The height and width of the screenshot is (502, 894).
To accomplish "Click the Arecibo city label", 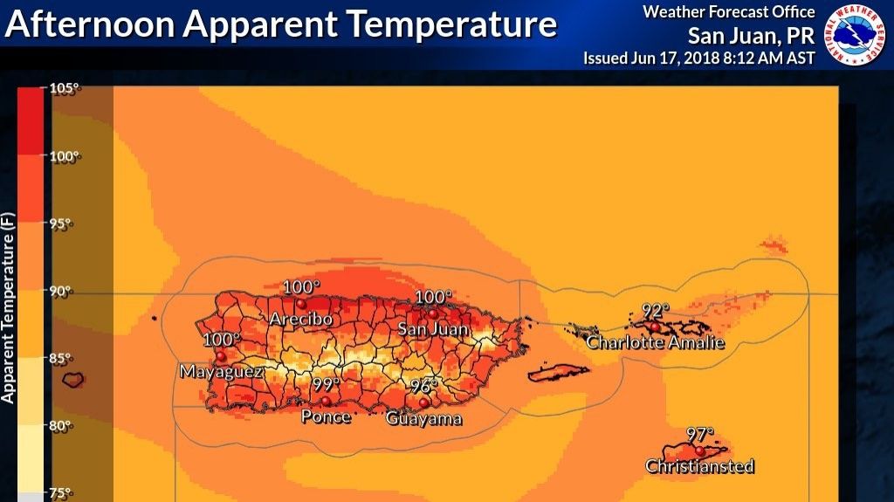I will [300, 320].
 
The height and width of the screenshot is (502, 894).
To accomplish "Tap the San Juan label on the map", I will [433, 330].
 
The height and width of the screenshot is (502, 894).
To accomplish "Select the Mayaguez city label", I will [221, 372].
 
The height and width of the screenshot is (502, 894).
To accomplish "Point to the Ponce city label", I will [326, 417].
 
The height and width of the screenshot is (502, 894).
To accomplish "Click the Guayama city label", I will [424, 419].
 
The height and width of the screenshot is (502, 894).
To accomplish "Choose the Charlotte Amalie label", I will [655, 342].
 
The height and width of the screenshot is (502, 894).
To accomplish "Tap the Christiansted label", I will [699, 466].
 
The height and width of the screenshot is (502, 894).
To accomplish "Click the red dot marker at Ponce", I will [326, 401].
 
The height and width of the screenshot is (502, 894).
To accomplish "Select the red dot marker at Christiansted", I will [699, 450].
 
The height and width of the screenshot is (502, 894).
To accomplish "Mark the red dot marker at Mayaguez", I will [221, 356].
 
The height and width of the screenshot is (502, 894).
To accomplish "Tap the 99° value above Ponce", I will [326, 384].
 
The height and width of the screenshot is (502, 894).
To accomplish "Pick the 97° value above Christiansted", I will [699, 433].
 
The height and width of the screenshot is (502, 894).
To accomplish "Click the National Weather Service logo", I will [856, 35].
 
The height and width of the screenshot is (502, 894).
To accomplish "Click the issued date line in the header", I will [699, 58].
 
